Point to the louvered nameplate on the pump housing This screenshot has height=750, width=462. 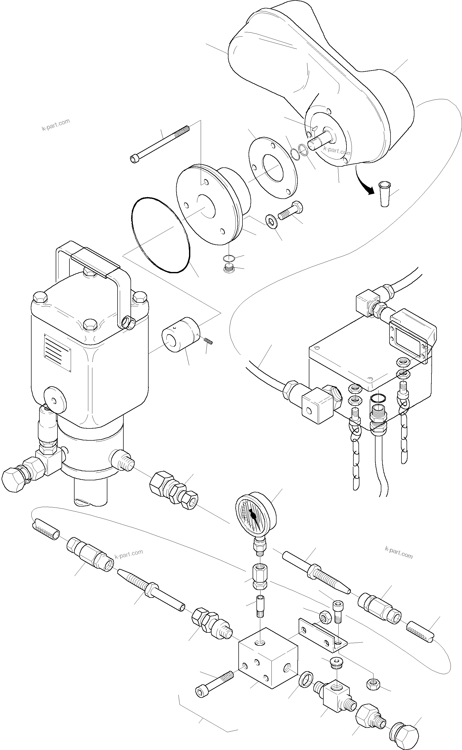tap(57, 353)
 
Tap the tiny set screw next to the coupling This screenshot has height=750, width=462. tap(209, 341)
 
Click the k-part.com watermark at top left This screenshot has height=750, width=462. tap(56, 124)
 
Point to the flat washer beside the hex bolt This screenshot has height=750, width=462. tap(271, 221)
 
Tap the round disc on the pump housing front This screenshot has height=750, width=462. tap(55, 400)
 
